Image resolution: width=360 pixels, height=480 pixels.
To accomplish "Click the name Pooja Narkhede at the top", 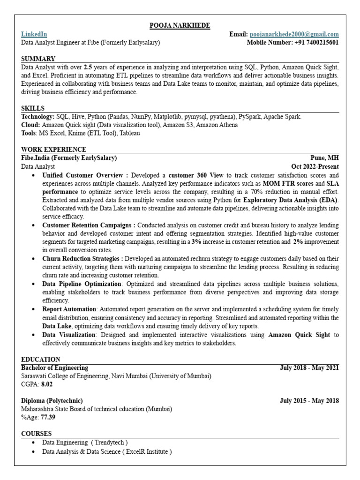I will pyautogui.click(x=180, y=25).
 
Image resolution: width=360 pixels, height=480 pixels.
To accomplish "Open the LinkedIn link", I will pyautogui.click(x=33, y=34).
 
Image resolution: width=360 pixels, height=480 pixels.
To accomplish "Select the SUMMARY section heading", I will pyautogui.click(x=38, y=59).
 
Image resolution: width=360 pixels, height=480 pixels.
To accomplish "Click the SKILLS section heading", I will pyautogui.click(x=33, y=108).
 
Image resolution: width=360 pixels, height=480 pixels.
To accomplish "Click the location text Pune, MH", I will pyautogui.click(x=324, y=158).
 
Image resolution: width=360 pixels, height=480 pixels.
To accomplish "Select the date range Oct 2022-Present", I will pyautogui.click(x=315, y=166).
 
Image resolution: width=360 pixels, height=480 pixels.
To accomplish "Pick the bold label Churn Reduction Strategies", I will pyautogui.click(x=82, y=258).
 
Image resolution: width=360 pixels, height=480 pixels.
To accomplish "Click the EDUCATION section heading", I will pyautogui.click(x=41, y=360).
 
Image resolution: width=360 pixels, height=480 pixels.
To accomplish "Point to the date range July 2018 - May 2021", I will pyautogui.click(x=309, y=368).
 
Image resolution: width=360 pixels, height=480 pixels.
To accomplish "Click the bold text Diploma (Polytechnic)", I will pyautogui.click(x=52, y=401).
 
